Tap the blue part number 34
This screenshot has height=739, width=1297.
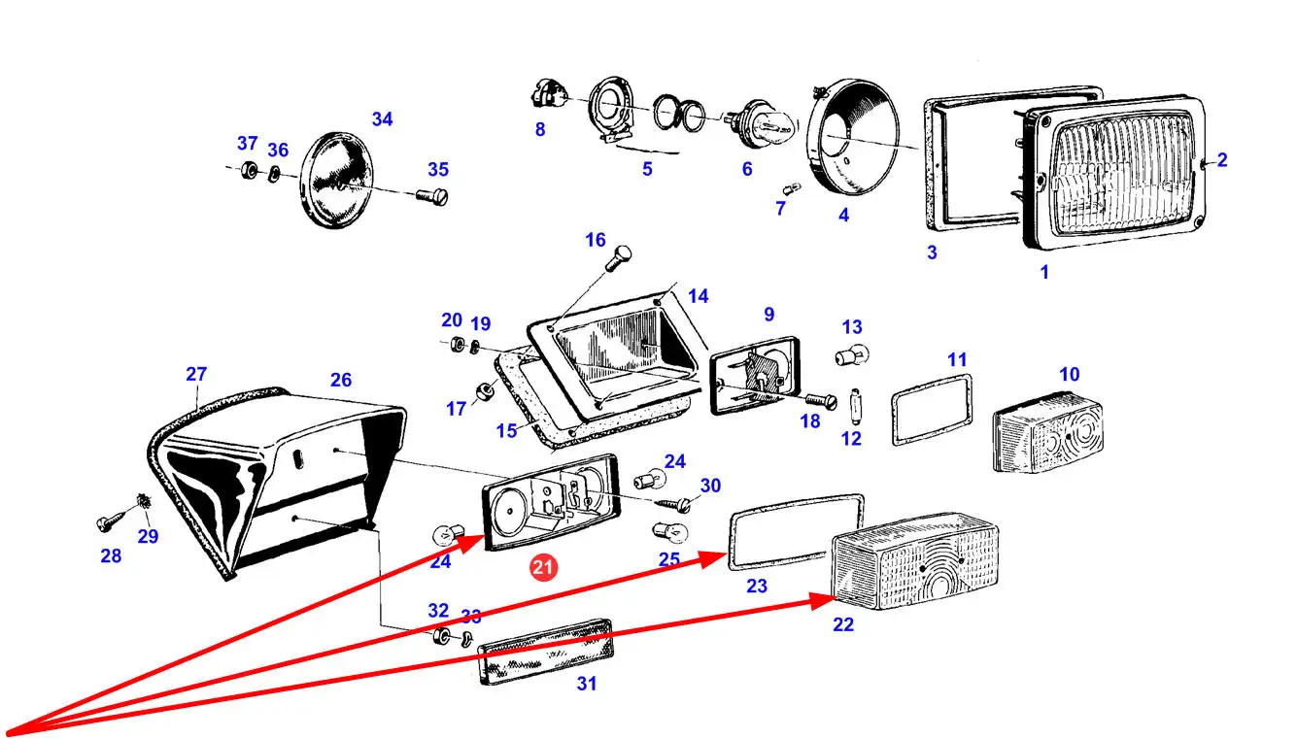click(x=382, y=119)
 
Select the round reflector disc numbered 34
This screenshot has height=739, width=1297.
click(x=341, y=182)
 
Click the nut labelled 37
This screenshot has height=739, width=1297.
click(x=248, y=171)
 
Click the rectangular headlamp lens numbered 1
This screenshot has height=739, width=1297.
click(x=1117, y=172)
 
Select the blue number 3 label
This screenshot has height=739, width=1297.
click(x=932, y=252)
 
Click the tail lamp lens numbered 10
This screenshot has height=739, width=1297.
click(x=1040, y=432)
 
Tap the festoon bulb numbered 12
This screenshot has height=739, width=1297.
click(x=854, y=401)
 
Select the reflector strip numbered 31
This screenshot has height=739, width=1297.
click(x=548, y=650)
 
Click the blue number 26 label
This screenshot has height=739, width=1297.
click(x=340, y=380)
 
